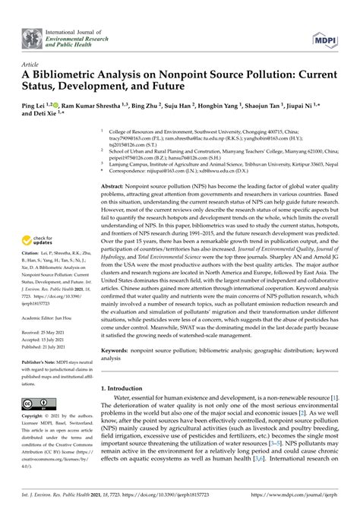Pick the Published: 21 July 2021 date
point(51,347)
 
